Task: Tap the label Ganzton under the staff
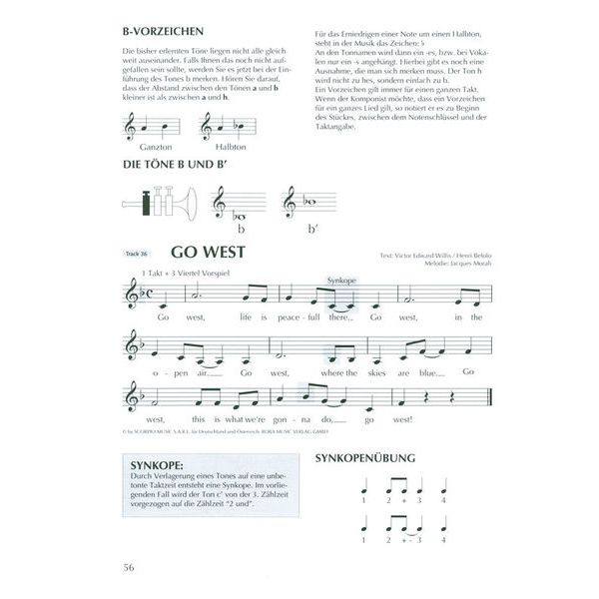click(146, 145)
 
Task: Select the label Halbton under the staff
click(215, 145)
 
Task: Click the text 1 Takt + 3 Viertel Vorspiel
click(186, 273)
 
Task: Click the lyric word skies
click(383, 372)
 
